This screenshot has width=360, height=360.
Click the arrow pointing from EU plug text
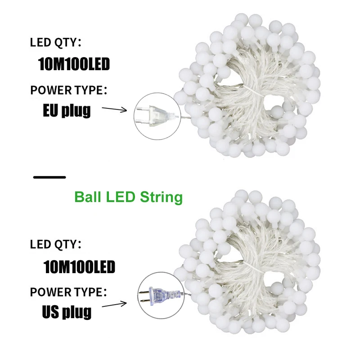pos(115,108)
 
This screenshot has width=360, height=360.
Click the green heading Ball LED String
pos(128,197)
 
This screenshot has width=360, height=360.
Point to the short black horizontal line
pos(49,177)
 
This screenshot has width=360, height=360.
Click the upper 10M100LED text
pos(74,64)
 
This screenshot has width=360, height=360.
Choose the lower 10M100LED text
pos(79,267)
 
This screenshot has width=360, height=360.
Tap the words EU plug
pos(67,110)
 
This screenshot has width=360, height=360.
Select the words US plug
pos(67,311)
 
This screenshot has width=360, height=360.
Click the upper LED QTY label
pos(55,43)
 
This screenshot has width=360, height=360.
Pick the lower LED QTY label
pos(55,245)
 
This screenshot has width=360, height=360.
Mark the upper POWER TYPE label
pos(68,90)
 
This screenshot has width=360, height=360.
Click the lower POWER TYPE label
pos(68,292)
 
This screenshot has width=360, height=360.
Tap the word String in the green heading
pos(164,197)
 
